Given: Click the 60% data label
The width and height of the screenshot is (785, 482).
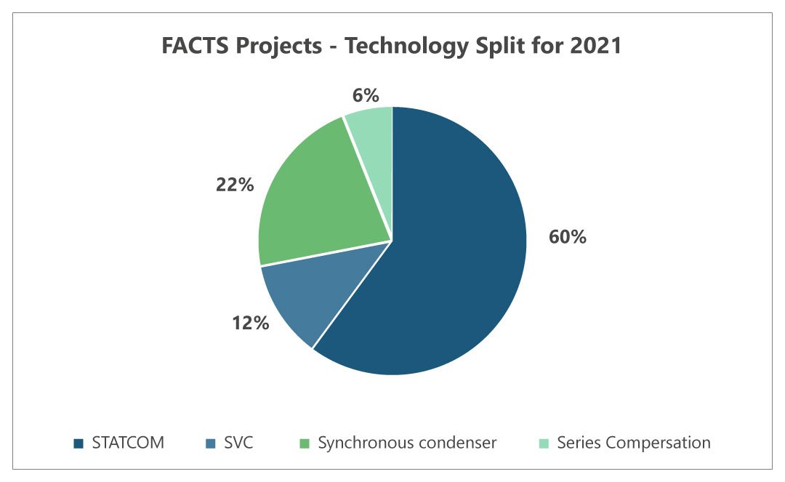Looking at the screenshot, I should click(568, 237).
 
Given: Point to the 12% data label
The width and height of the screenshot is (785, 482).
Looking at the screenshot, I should click(251, 323).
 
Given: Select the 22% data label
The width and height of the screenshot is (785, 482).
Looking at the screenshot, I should click(234, 185).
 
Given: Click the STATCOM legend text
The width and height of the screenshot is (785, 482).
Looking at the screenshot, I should click(128, 443).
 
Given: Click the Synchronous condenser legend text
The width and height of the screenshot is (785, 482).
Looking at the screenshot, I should click(407, 443).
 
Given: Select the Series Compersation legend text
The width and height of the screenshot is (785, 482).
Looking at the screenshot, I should click(634, 443).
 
